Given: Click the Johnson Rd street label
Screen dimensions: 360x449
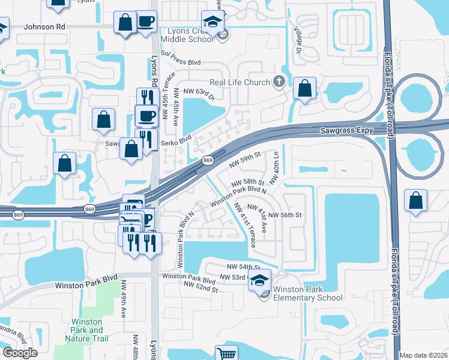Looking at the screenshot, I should pyautogui.click(x=44, y=26).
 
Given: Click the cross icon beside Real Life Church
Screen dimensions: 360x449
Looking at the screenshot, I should pyautogui.click(x=279, y=82).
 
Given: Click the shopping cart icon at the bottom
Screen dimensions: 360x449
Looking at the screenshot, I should pyautogui.click(x=226, y=353).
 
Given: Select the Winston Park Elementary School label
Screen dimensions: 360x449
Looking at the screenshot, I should pyautogui.click(x=307, y=293).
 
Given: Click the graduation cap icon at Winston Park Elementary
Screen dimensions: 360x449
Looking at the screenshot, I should pyautogui.click(x=259, y=280).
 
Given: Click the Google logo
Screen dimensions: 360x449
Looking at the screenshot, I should pyautogui.click(x=20, y=353).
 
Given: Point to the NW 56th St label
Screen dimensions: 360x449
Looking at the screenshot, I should pyautogui.click(x=284, y=215).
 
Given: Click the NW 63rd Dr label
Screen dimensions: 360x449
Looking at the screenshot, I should pyautogui.click(x=199, y=91).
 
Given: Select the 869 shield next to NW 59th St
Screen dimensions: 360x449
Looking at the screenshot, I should pyautogui.click(x=208, y=160).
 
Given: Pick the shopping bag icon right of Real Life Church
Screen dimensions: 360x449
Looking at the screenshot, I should pyautogui.click(x=305, y=88).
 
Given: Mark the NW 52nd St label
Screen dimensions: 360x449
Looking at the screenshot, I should pyautogui.click(x=201, y=289).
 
